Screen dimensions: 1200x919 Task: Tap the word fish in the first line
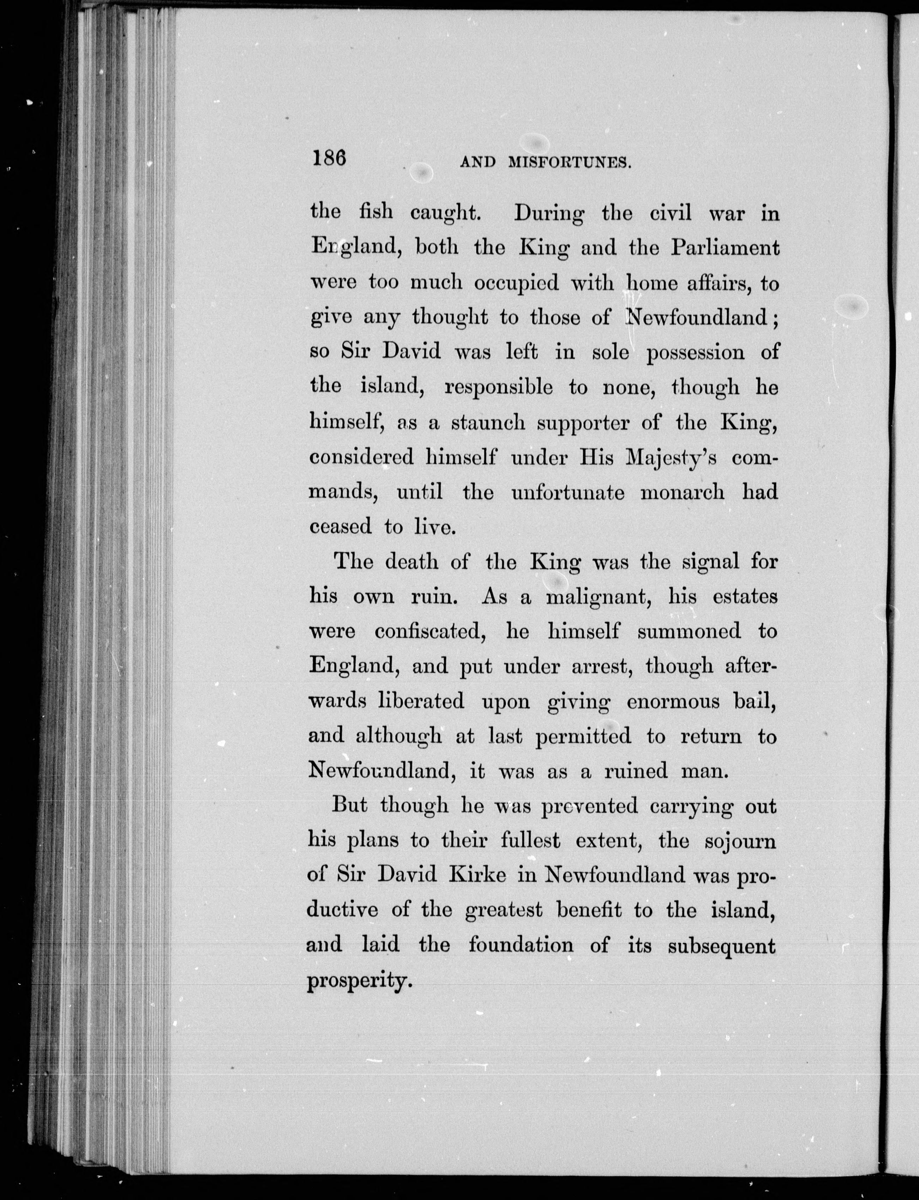(376, 212)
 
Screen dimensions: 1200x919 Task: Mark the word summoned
(689, 632)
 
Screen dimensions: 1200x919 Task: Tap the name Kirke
(477, 875)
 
